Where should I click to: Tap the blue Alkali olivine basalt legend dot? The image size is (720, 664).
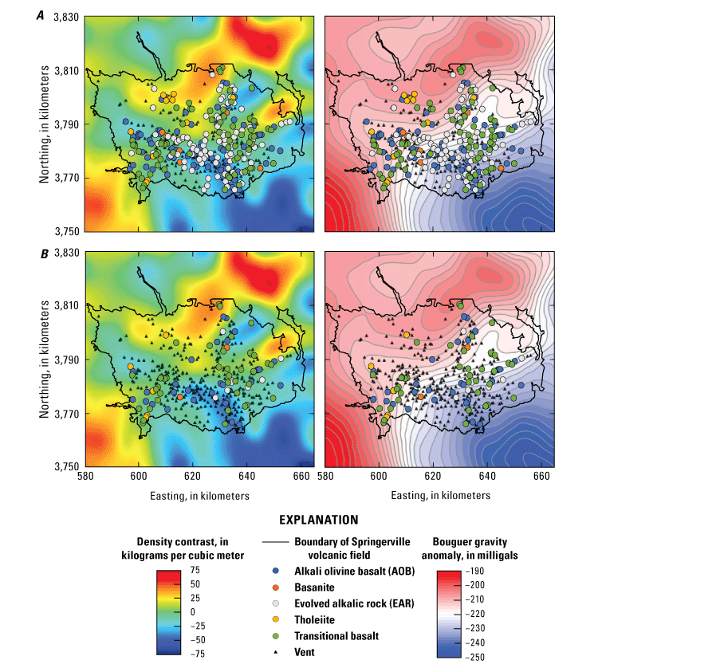tap(275, 572)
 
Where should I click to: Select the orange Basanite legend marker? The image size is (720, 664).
tap(275, 587)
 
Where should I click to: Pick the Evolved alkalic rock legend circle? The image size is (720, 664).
tap(275, 603)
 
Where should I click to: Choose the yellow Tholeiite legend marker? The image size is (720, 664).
tap(275, 619)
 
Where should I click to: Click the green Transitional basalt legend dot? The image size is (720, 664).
tap(275, 635)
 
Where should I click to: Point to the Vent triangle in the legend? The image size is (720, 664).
tap(275, 652)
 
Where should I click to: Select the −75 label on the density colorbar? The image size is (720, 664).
tap(193, 653)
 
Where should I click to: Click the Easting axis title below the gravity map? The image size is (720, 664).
tap(440, 495)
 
